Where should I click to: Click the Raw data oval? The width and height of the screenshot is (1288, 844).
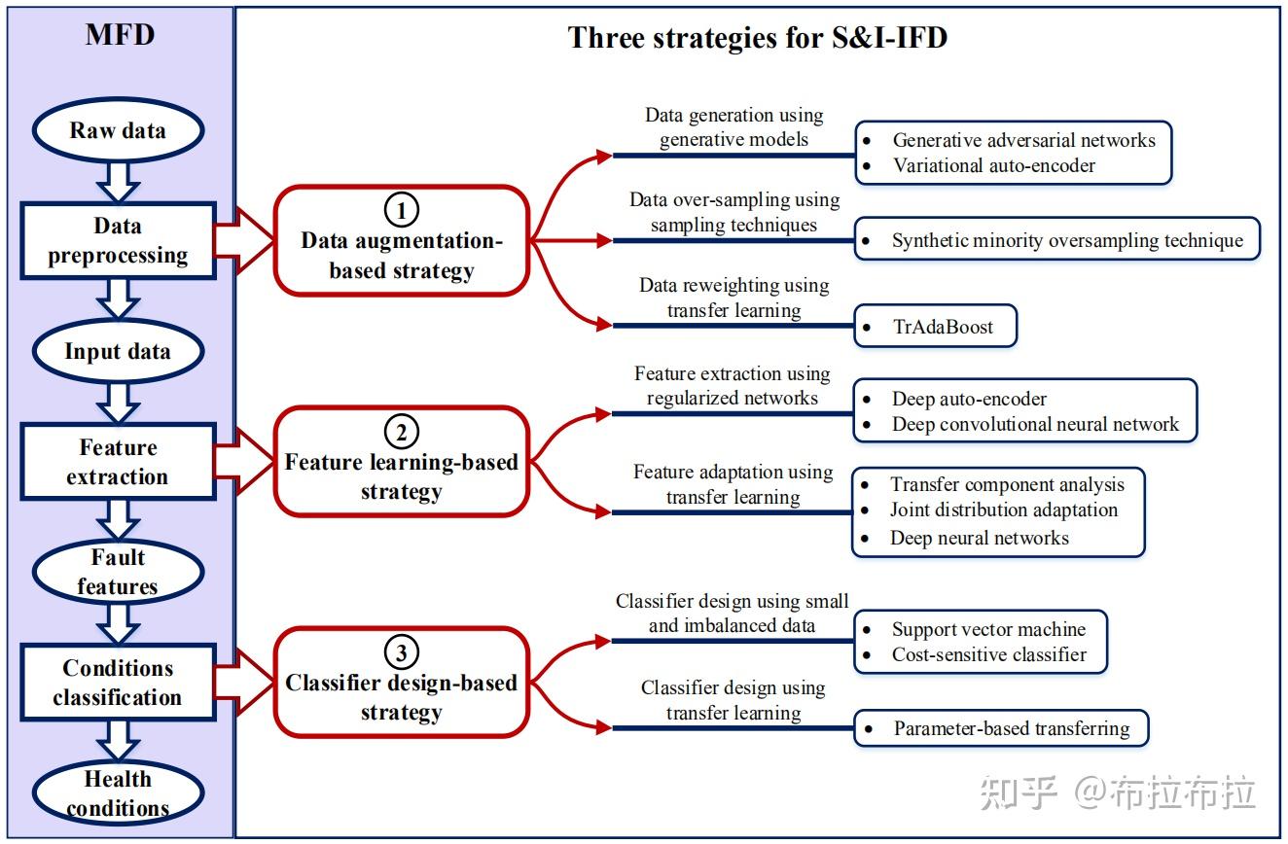(x=118, y=130)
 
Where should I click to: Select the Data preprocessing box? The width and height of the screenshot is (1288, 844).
(x=118, y=241)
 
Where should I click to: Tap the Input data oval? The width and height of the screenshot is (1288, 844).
(x=118, y=352)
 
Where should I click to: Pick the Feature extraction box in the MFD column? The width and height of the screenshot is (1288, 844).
(x=118, y=463)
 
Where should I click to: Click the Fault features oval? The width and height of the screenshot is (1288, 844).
(x=118, y=573)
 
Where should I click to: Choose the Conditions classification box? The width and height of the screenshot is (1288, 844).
(x=118, y=684)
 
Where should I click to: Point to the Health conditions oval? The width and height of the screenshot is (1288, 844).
(x=118, y=794)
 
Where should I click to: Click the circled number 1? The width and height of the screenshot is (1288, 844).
(x=401, y=209)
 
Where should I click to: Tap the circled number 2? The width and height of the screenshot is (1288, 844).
(x=401, y=431)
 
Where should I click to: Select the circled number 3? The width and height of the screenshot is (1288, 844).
(x=401, y=651)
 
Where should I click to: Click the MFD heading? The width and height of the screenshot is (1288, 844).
(x=119, y=36)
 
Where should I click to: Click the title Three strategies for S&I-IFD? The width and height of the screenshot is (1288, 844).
(x=757, y=38)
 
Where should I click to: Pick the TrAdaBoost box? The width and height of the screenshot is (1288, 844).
(x=936, y=328)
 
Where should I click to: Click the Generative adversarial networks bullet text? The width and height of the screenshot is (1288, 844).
(x=1023, y=140)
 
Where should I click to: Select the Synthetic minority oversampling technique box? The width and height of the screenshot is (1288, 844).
(x=1056, y=240)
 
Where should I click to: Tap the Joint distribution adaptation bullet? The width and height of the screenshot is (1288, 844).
(x=1003, y=510)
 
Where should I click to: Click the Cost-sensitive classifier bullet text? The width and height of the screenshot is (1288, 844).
(x=988, y=655)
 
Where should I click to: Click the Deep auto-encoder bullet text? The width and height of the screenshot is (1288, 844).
(x=969, y=399)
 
